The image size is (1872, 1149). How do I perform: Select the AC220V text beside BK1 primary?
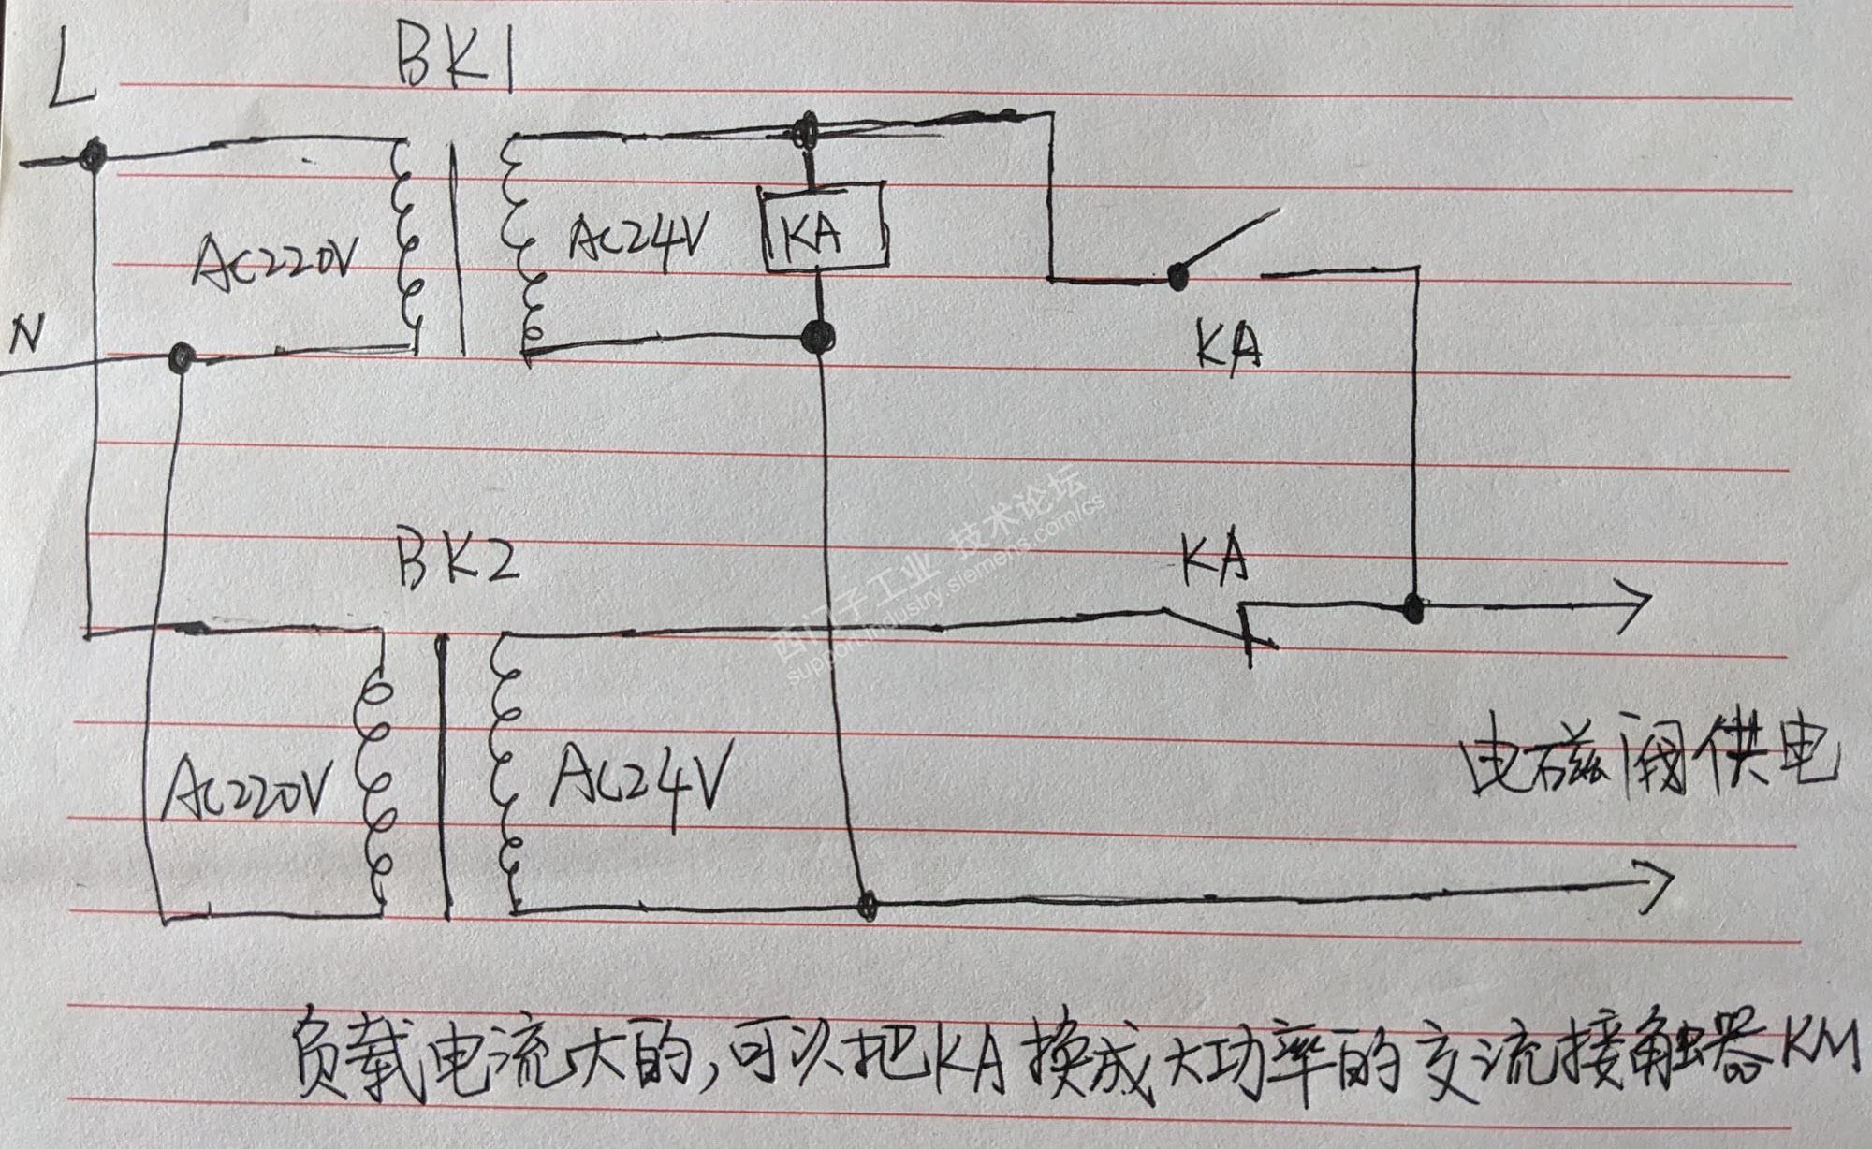273,255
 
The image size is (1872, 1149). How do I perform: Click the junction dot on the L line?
94,156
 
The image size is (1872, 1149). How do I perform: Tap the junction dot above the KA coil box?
804,132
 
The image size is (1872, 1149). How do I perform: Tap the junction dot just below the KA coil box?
820,333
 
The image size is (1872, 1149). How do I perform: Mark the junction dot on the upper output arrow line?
1412,608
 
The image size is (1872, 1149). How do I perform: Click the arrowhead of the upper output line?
1638,604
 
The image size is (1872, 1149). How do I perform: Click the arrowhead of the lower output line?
1661,881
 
